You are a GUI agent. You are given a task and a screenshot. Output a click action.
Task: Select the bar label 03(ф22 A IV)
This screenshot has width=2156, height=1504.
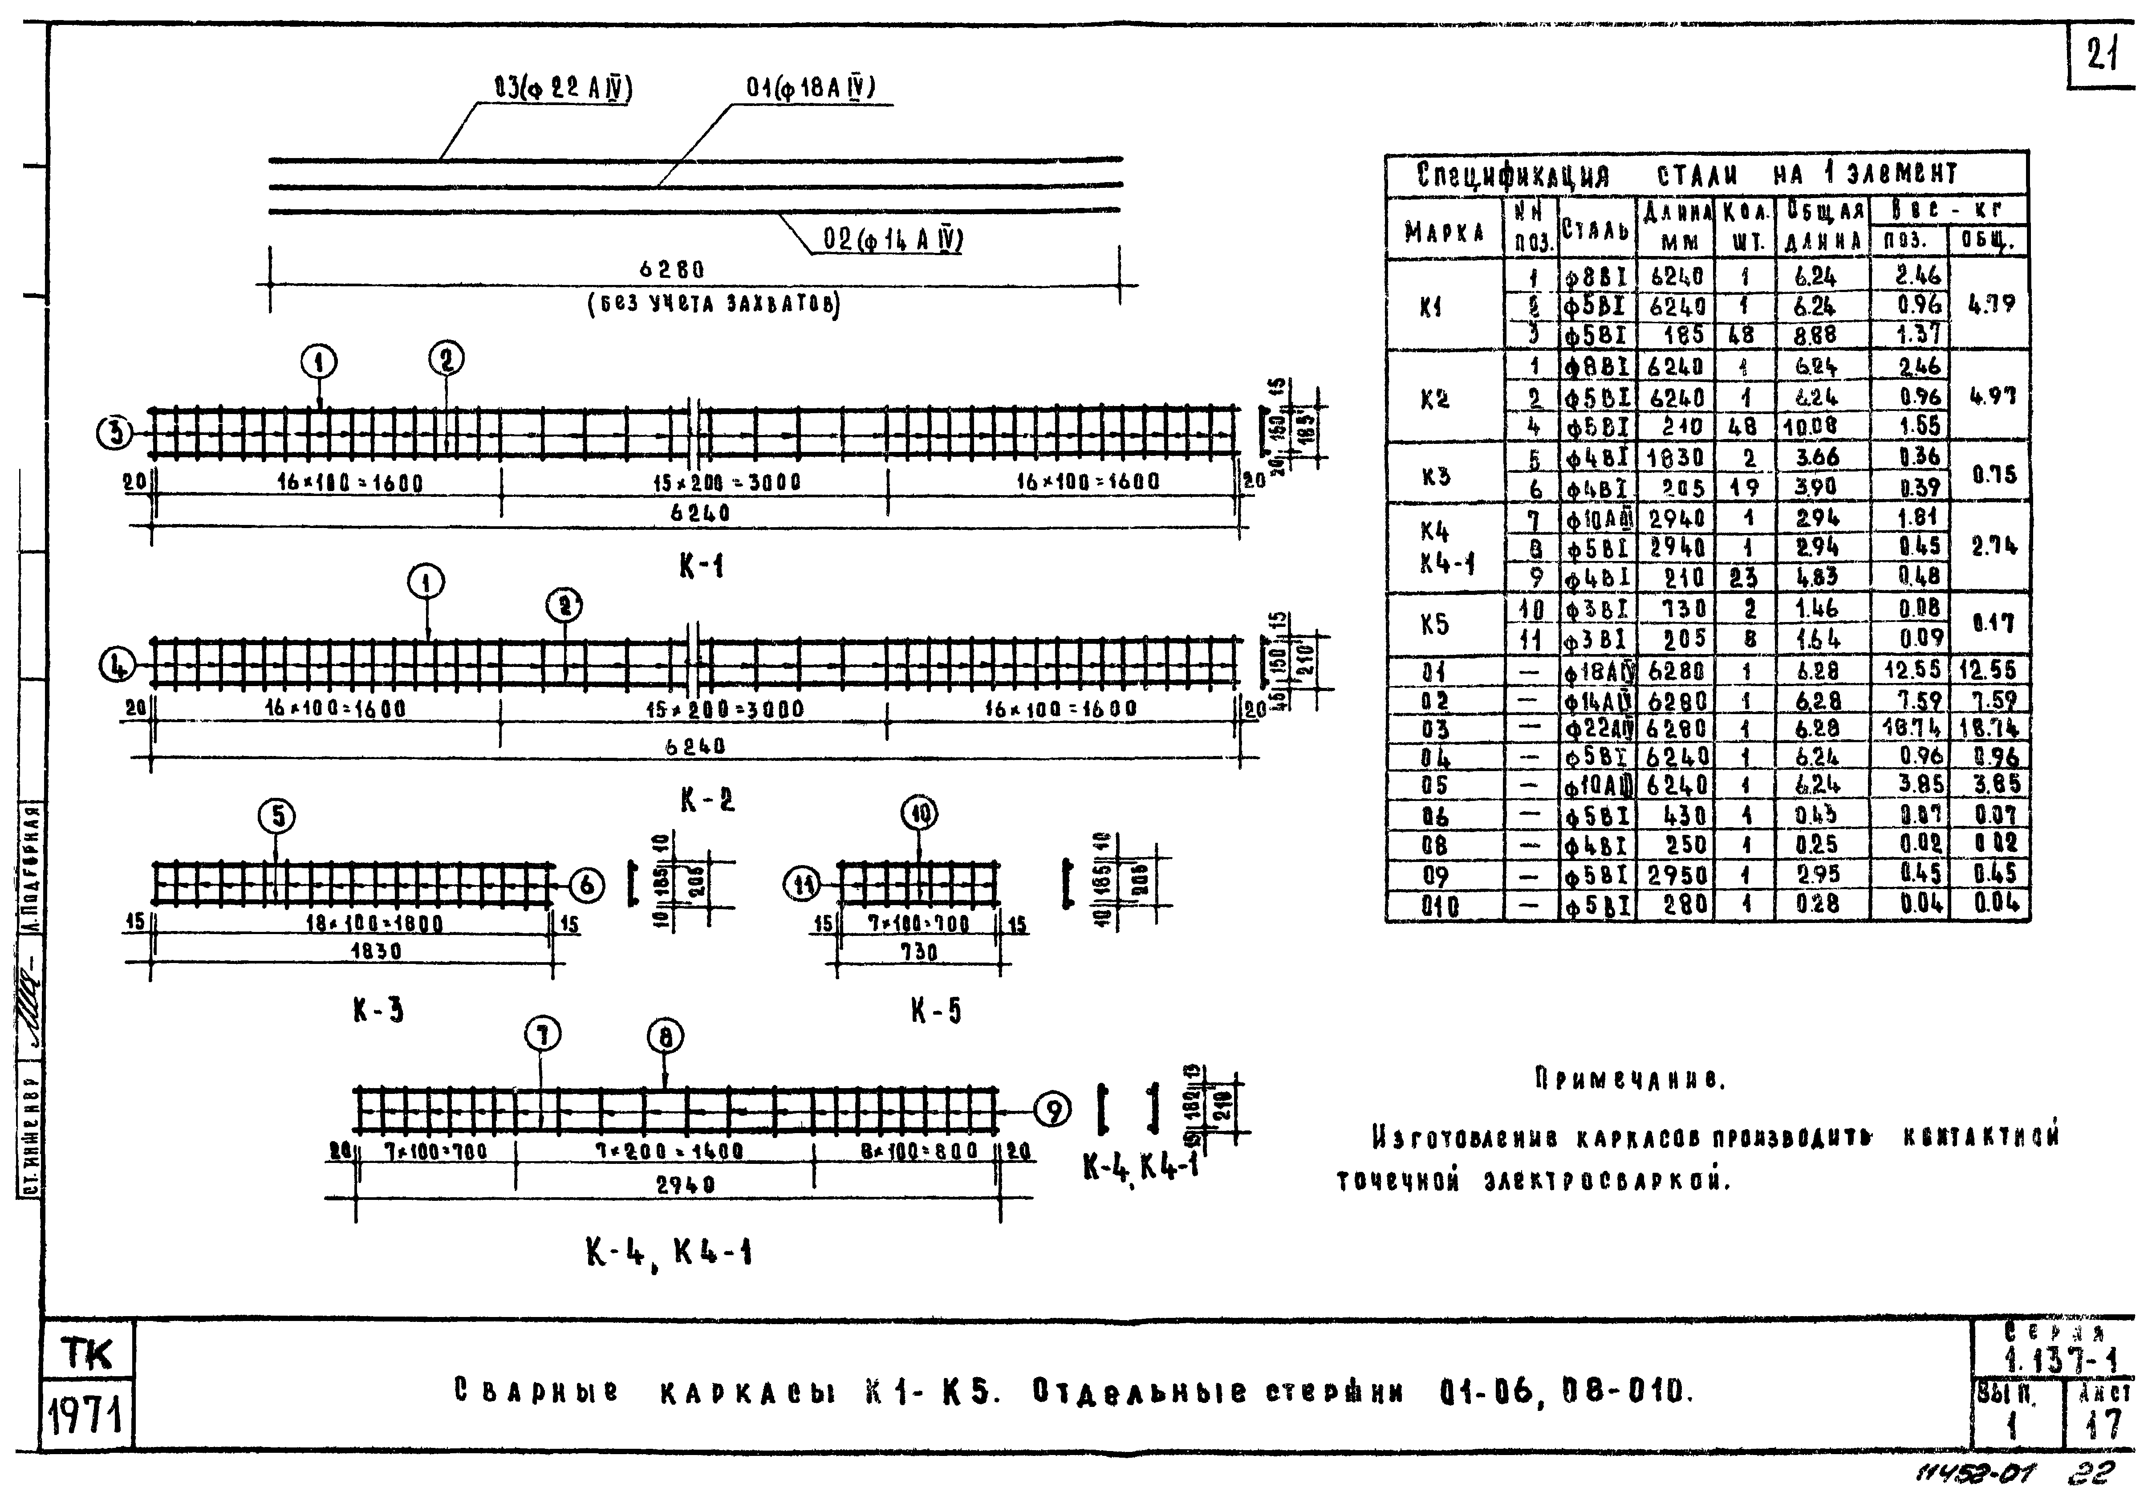(x=562, y=89)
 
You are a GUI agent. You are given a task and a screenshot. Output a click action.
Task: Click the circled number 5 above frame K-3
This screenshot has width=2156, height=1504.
(x=278, y=815)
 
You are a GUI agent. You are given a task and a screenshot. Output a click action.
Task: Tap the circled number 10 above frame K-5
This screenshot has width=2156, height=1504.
(x=919, y=813)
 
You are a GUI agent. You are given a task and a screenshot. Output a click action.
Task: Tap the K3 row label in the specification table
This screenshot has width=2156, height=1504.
(x=1436, y=476)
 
